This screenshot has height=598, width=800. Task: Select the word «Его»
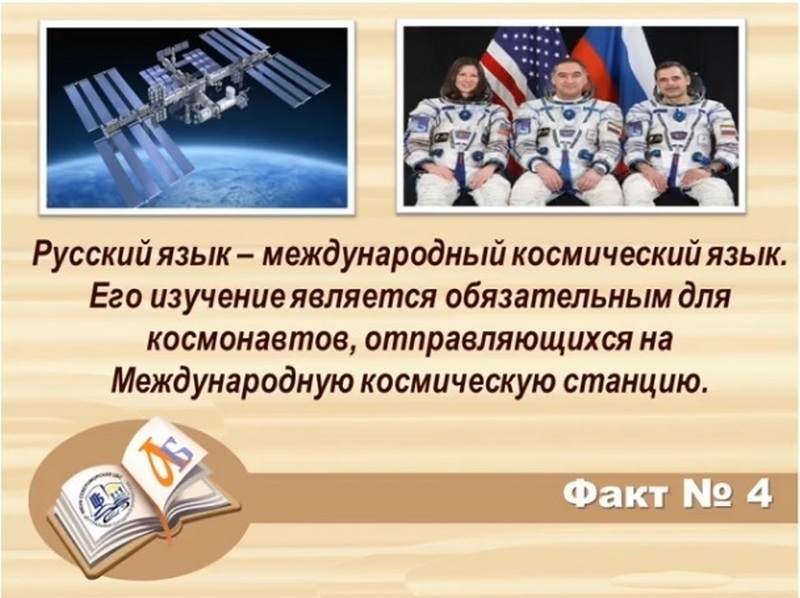115,297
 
